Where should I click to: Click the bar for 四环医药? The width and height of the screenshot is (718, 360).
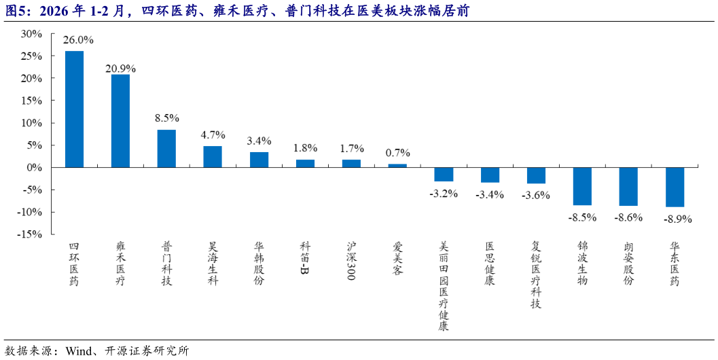tap(74, 109)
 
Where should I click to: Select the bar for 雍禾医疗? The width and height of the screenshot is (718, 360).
tap(120, 121)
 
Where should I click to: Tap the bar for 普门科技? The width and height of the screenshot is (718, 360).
tap(166, 148)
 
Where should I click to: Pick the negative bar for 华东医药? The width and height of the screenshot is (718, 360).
tap(675, 187)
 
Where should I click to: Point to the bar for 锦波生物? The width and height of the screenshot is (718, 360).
tap(582, 186)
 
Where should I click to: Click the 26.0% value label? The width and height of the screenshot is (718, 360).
tap(74, 40)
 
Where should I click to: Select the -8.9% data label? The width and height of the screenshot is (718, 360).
tap(675, 219)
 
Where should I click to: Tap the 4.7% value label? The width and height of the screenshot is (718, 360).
tap(213, 134)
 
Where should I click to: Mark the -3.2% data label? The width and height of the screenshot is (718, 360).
tap(444, 194)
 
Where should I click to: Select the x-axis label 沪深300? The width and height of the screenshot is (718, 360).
tap(351, 261)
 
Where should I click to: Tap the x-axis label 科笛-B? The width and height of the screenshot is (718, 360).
tap(305, 259)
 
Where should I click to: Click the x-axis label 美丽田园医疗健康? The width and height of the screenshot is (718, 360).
tap(444, 286)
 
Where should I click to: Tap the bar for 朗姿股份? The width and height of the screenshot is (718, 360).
tap(628, 187)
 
